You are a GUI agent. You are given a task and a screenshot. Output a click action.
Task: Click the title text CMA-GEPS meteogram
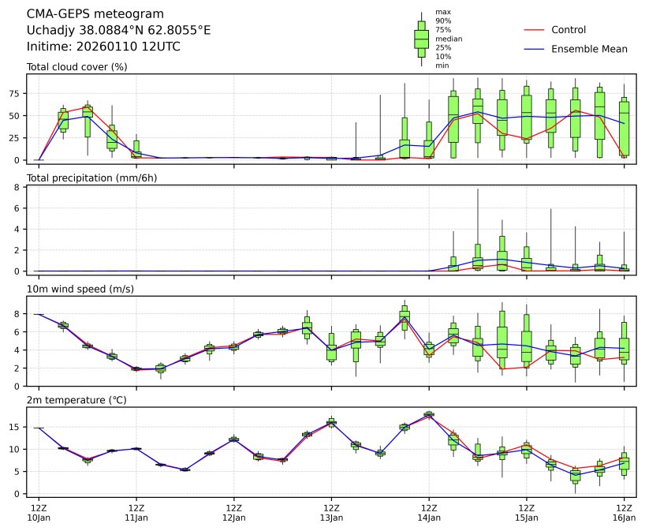pos(95,14)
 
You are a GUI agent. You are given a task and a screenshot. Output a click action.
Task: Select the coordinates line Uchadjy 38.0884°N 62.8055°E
pos(118,31)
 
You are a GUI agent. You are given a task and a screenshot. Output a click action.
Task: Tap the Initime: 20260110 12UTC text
pos(103,47)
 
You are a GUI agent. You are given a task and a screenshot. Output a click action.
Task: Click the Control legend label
pos(569,30)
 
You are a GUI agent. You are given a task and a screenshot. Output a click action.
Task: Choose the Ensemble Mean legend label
pos(589,49)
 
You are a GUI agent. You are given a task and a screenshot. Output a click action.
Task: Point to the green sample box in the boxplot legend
pos(421,39)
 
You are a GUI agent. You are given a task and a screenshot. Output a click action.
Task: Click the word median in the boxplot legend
pos(449,39)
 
